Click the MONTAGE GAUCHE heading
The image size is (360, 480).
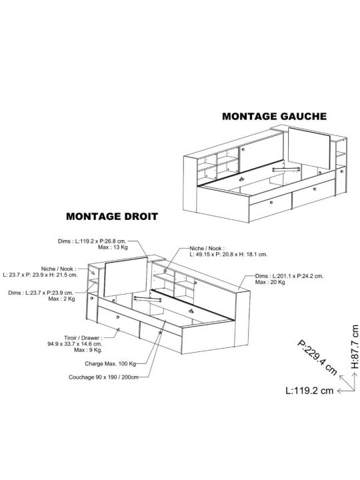(274, 116)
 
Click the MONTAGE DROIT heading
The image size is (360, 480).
(112, 217)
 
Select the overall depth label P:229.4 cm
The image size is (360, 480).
(317, 357)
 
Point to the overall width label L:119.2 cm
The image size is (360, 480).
(309, 391)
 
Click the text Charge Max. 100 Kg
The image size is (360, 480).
(110, 364)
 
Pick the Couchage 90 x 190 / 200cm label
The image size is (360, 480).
(103, 377)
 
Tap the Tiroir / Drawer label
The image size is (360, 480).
(83, 338)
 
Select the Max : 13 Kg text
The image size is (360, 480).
(113, 247)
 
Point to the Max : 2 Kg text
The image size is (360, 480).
(61, 299)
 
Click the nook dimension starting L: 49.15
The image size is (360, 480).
(229, 255)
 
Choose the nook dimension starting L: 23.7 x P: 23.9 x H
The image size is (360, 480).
(40, 275)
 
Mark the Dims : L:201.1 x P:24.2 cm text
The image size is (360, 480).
(289, 276)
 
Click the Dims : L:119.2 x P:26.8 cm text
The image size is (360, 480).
(92, 241)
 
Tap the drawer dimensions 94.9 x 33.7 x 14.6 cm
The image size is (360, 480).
(75, 344)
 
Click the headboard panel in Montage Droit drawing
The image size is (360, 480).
(126, 277)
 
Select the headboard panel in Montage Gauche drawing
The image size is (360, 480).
(309, 148)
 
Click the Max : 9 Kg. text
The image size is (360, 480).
(88, 350)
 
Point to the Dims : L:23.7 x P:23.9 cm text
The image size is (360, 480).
(41, 293)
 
